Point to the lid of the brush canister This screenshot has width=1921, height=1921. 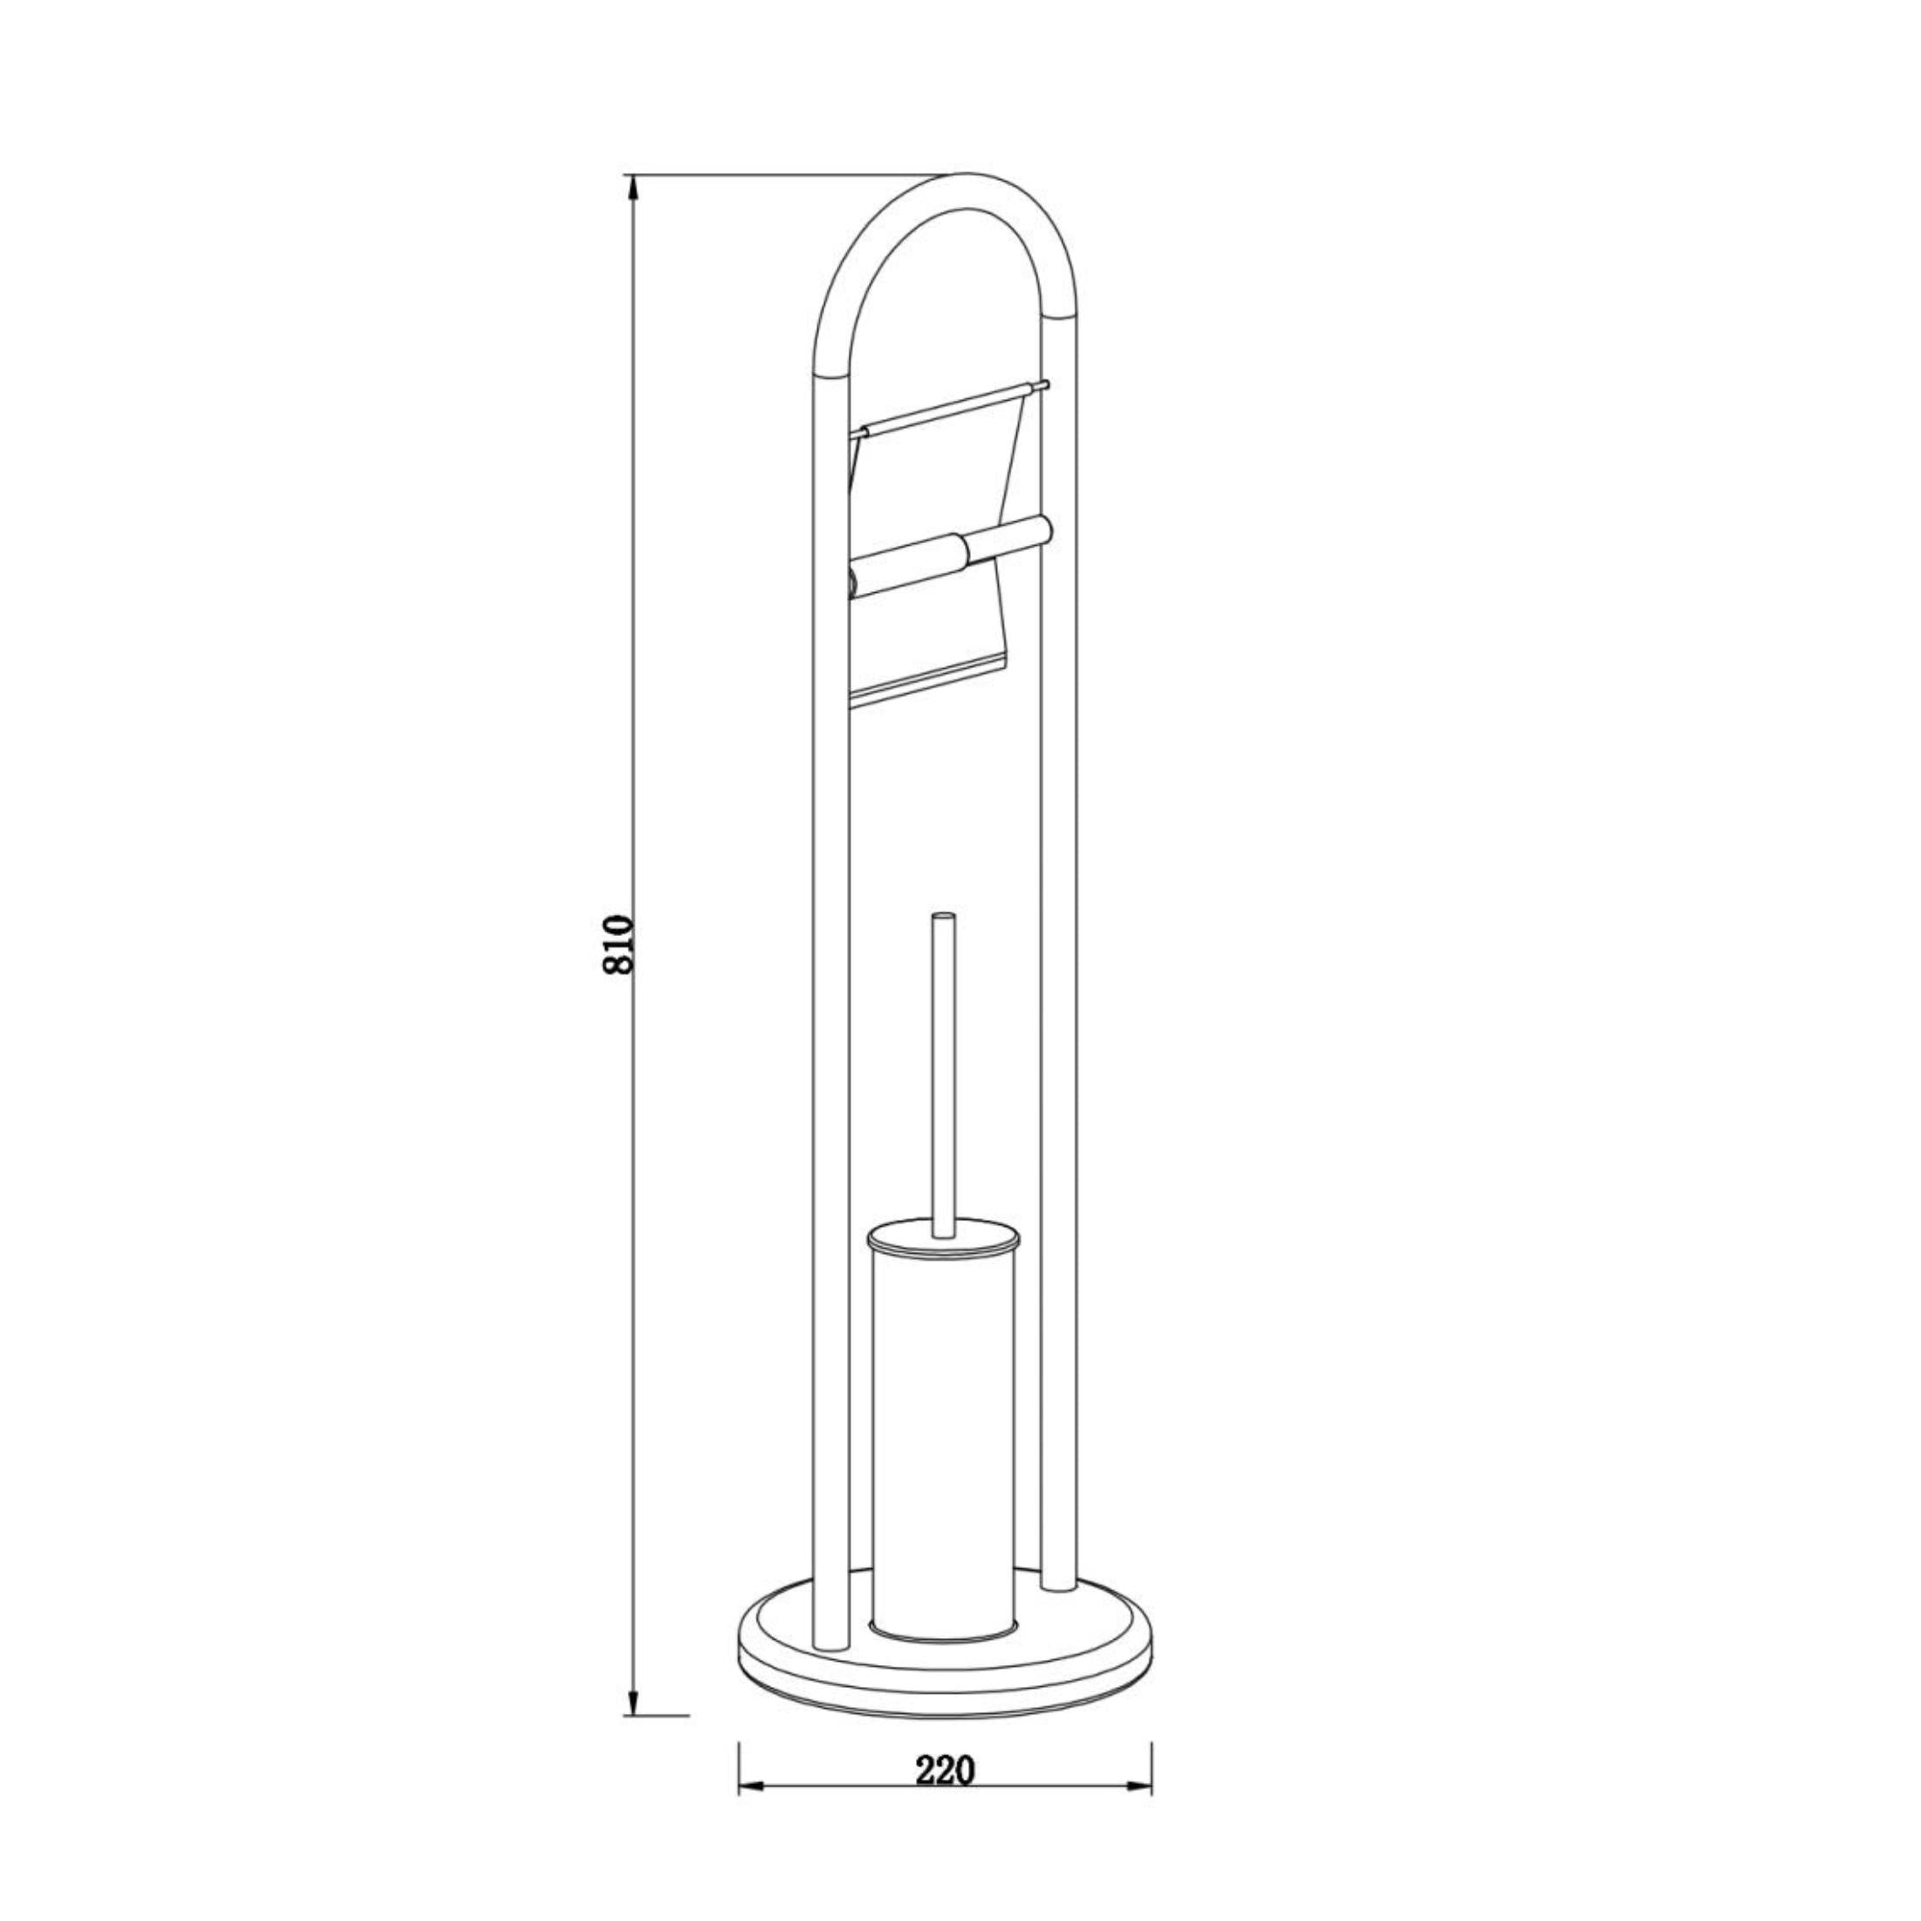(x=943, y=1238)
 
